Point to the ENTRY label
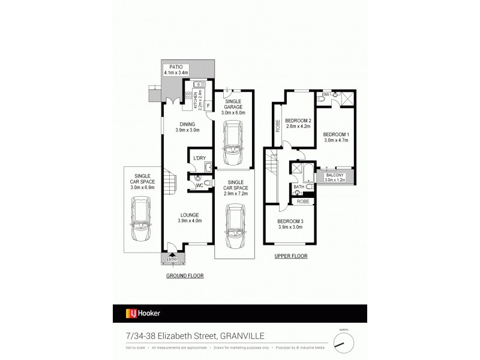(x=172, y=259)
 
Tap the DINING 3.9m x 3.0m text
(x=187, y=127)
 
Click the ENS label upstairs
(x=326, y=95)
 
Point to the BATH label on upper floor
(x=298, y=187)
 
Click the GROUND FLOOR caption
(x=185, y=277)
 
